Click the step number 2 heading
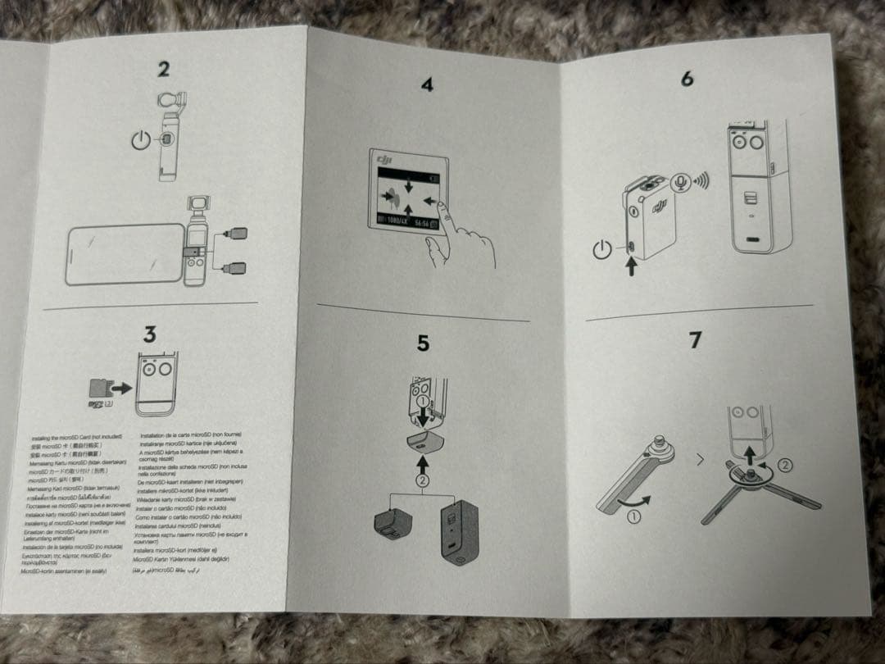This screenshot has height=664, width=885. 164,69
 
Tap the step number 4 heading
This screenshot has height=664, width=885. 427,84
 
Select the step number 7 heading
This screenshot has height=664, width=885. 695,339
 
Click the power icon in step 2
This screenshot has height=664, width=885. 142,140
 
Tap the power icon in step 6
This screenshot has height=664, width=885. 602,248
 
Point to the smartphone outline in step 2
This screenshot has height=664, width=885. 124,253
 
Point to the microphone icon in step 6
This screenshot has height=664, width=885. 679,182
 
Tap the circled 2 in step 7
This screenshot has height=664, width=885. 784,465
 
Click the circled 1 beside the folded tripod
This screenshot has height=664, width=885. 635,516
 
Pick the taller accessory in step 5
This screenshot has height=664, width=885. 459,533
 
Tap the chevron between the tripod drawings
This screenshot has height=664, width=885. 699,460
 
